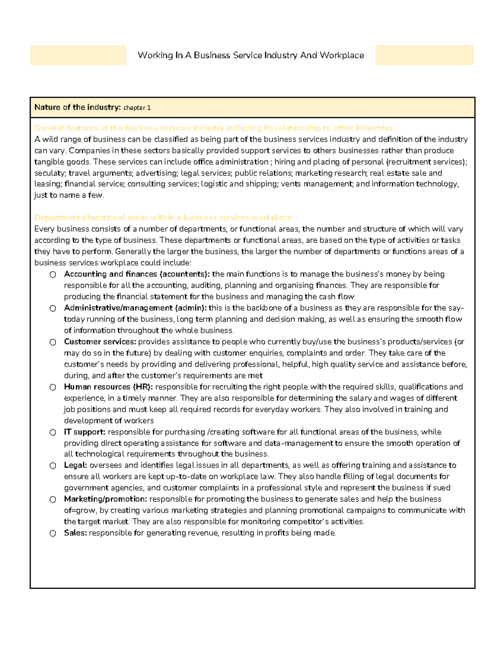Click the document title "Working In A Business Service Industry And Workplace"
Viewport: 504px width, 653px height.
pos(251,56)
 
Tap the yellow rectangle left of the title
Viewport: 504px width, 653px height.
pos(78,56)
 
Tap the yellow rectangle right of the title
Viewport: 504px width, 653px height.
pos(424,56)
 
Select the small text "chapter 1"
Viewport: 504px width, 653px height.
pos(137,108)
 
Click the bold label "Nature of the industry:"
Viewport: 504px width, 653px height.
pos(78,107)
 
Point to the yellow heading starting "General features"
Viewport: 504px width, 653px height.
pos(213,128)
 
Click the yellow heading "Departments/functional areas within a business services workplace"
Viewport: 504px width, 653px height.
pos(163,217)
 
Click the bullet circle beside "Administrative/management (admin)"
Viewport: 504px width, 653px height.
pos(53,308)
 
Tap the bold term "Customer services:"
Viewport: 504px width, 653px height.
pos(100,342)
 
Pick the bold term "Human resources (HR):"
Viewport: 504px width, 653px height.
pos(108,387)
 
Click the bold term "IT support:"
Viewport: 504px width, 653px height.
pos(84,432)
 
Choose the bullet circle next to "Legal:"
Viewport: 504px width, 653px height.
pos(53,465)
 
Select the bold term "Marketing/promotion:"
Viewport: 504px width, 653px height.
pos(105,499)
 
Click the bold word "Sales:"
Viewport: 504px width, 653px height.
pos(76,533)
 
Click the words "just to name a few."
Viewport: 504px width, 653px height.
pos(69,195)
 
